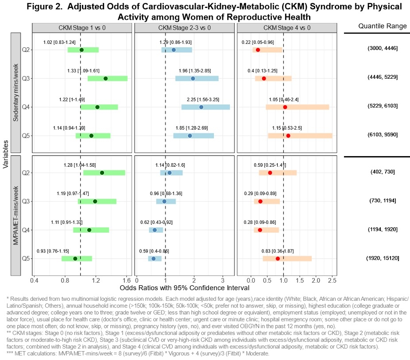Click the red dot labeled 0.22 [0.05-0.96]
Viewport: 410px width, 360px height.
[258, 50]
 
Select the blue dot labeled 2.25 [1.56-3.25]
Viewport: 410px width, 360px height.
[201, 107]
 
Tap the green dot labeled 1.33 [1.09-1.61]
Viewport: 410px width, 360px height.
[105, 78]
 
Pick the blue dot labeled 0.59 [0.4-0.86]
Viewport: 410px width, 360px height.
[154, 259]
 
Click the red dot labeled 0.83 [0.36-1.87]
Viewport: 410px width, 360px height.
[278, 259]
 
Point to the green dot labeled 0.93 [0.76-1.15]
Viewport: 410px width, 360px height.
[75, 259]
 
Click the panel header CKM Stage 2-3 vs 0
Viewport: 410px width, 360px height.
[184, 27]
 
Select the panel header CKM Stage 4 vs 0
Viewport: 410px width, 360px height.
[287, 27]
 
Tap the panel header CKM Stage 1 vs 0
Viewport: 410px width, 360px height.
[82, 27]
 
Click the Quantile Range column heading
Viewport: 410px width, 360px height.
[382, 26]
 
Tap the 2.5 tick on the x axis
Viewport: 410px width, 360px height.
[332, 280]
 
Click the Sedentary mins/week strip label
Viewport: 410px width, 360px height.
[15, 92]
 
